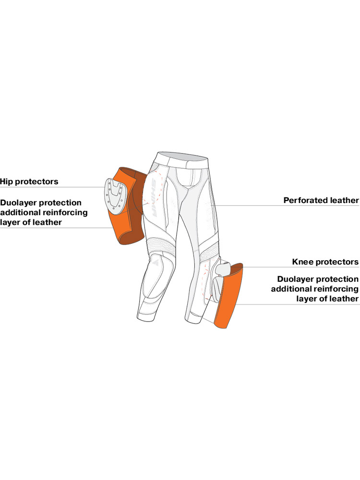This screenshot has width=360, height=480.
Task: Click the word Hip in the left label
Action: coord(6,181)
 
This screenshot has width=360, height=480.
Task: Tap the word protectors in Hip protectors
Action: coord(37,182)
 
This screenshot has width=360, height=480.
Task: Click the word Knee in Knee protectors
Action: coord(302,262)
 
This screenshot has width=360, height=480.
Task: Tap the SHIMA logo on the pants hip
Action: coord(154,199)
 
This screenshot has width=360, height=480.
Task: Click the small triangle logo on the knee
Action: coord(154,262)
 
